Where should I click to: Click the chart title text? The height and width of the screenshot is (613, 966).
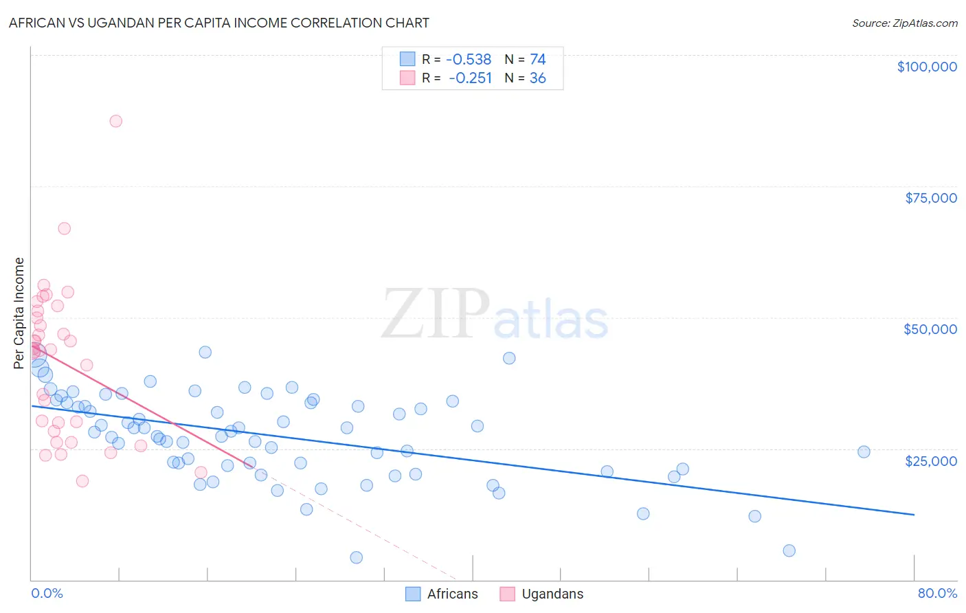pyautogui.click(x=219, y=23)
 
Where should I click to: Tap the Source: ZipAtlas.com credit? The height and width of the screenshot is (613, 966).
pyautogui.click(x=904, y=23)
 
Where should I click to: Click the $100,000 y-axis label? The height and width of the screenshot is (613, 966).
pyautogui.click(x=927, y=67)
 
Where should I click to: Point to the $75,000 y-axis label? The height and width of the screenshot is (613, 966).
pyautogui.click(x=931, y=198)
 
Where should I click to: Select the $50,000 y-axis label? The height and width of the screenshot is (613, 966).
pyautogui.click(x=930, y=329)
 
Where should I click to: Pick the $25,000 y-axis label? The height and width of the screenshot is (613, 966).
pyautogui.click(x=931, y=461)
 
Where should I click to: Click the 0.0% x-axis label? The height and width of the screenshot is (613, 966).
pyautogui.click(x=47, y=594)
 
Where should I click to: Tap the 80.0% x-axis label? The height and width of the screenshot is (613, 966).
pyautogui.click(x=937, y=594)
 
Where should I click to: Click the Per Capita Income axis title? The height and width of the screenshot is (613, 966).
pyautogui.click(x=19, y=313)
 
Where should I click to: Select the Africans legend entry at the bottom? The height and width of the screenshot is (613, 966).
pyautogui.click(x=441, y=594)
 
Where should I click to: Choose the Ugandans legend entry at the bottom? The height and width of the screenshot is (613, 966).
pyautogui.click(x=541, y=594)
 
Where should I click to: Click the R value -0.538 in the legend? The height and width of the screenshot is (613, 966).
pyautogui.click(x=469, y=60)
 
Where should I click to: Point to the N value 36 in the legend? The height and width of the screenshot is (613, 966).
pyautogui.click(x=538, y=78)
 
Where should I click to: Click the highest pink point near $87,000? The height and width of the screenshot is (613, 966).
pyautogui.click(x=115, y=121)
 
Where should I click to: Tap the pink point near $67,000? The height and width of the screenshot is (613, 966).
pyautogui.click(x=64, y=228)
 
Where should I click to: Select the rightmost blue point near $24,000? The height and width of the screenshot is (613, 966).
pyautogui.click(x=864, y=452)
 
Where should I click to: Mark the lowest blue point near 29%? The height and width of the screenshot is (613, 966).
pyautogui.click(x=356, y=557)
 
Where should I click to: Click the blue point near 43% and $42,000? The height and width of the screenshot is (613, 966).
pyautogui.click(x=509, y=358)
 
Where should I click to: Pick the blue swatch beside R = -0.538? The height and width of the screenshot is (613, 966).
pyautogui.click(x=407, y=60)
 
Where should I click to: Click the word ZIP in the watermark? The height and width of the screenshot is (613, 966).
pyautogui.click(x=436, y=314)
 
